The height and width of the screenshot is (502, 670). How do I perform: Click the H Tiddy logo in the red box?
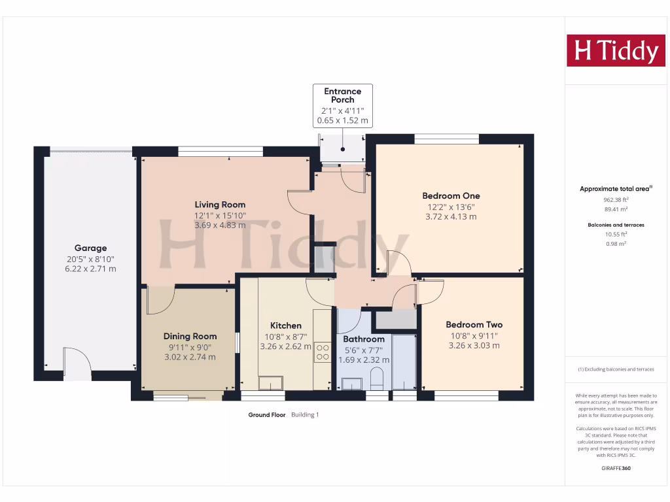[615, 50]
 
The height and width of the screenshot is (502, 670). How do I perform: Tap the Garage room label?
[90, 248]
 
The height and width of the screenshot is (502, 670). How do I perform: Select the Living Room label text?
[220, 205]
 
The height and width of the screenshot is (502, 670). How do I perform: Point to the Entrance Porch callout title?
[342, 95]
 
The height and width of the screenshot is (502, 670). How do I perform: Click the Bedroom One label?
[451, 195]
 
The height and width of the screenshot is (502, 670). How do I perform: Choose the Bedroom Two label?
[474, 325]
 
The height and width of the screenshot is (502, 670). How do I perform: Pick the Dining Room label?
[190, 337]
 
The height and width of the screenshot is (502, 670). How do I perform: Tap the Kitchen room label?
[286, 326]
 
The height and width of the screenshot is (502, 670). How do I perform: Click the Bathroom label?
[364, 339]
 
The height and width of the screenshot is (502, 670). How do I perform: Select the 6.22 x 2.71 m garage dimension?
[90, 269]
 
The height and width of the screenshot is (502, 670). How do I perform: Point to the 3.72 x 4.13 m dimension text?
[451, 216]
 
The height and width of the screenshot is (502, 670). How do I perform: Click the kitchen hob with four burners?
[323, 352]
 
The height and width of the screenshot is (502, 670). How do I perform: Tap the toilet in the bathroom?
[377, 380]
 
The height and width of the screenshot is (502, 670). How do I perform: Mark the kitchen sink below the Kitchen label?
[270, 382]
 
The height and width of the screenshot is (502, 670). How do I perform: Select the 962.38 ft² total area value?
[615, 199]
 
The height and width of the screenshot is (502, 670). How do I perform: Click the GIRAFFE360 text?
[615, 469]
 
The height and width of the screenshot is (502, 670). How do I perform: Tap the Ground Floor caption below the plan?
[267, 414]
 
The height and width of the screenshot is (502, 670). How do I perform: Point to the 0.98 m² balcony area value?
[615, 243]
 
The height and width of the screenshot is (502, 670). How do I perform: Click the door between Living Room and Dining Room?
[160, 299]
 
